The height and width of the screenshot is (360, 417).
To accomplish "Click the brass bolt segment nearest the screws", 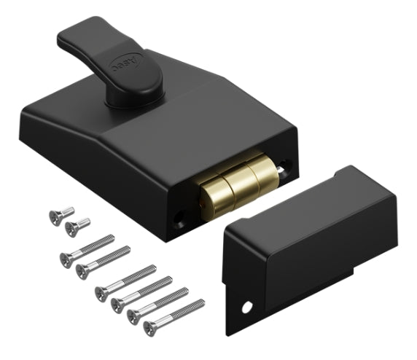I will [211, 190].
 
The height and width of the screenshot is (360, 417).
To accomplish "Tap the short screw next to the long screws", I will [71, 229].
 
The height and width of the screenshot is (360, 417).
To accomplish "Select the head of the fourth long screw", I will [117, 302].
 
